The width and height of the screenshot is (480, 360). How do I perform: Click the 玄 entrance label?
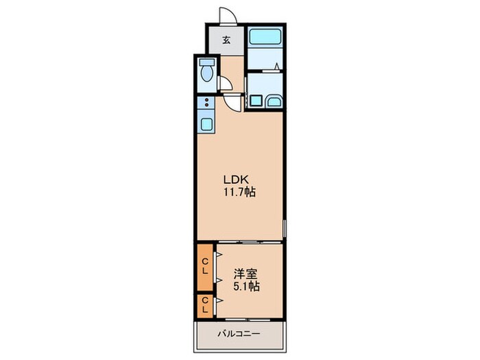pyautogui.click(x=226, y=39)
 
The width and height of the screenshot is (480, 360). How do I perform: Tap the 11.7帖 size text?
pyautogui.click(x=239, y=193)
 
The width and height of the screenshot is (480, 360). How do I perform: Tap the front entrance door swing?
pyautogui.click(x=227, y=16)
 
